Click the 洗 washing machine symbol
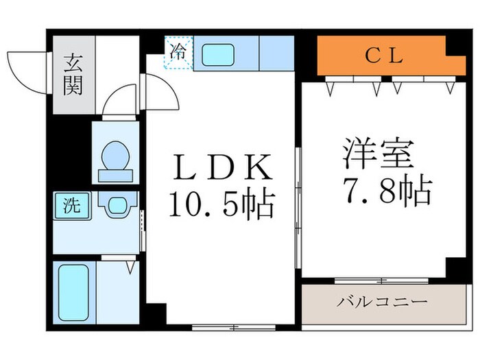(x=71, y=205)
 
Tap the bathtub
(x=71, y=293)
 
